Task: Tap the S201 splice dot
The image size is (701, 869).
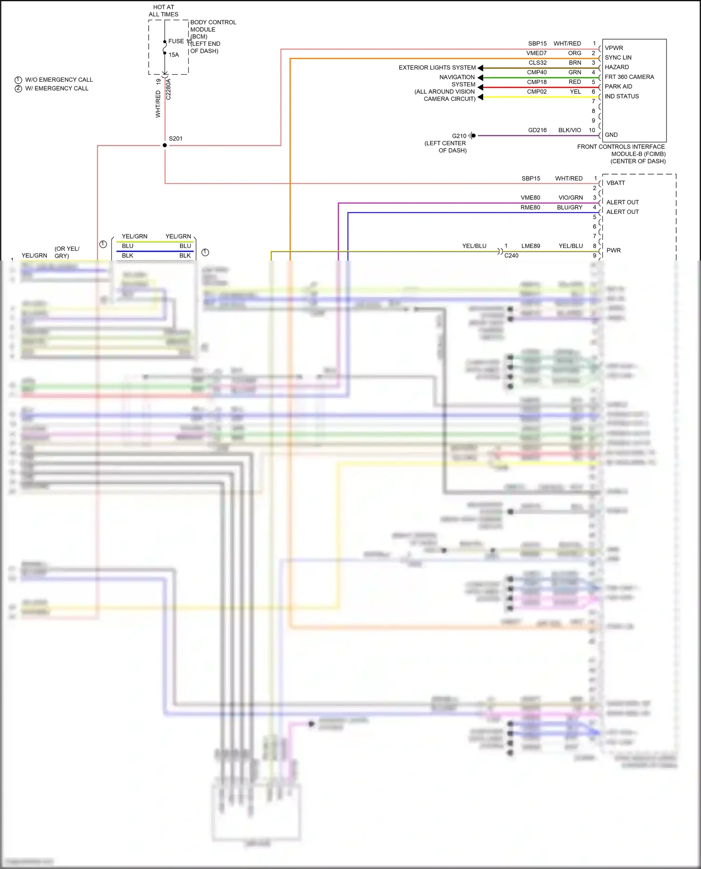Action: [165, 145]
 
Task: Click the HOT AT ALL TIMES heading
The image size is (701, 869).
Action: [164, 11]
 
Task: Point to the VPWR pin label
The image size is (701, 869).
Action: [614, 48]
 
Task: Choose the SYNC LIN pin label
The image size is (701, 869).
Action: [618, 57]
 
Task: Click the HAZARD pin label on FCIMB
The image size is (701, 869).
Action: [616, 67]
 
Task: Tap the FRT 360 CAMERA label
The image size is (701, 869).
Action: [629, 77]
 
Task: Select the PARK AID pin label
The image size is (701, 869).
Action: [618, 86]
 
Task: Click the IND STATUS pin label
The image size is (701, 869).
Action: [622, 96]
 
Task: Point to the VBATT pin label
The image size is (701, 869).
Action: [615, 183]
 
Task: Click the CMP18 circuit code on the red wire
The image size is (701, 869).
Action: [536, 82]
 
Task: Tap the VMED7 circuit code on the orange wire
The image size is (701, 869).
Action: [536, 53]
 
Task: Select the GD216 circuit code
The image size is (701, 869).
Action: [537, 130]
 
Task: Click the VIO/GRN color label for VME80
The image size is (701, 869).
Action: [571, 198]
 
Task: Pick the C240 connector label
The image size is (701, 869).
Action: [511, 256]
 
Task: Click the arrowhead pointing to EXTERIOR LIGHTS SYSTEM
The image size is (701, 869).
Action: [480, 68]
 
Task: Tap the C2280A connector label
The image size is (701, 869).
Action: [169, 89]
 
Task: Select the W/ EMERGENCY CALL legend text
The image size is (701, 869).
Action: [56, 88]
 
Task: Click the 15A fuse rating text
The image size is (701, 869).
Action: [174, 55]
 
